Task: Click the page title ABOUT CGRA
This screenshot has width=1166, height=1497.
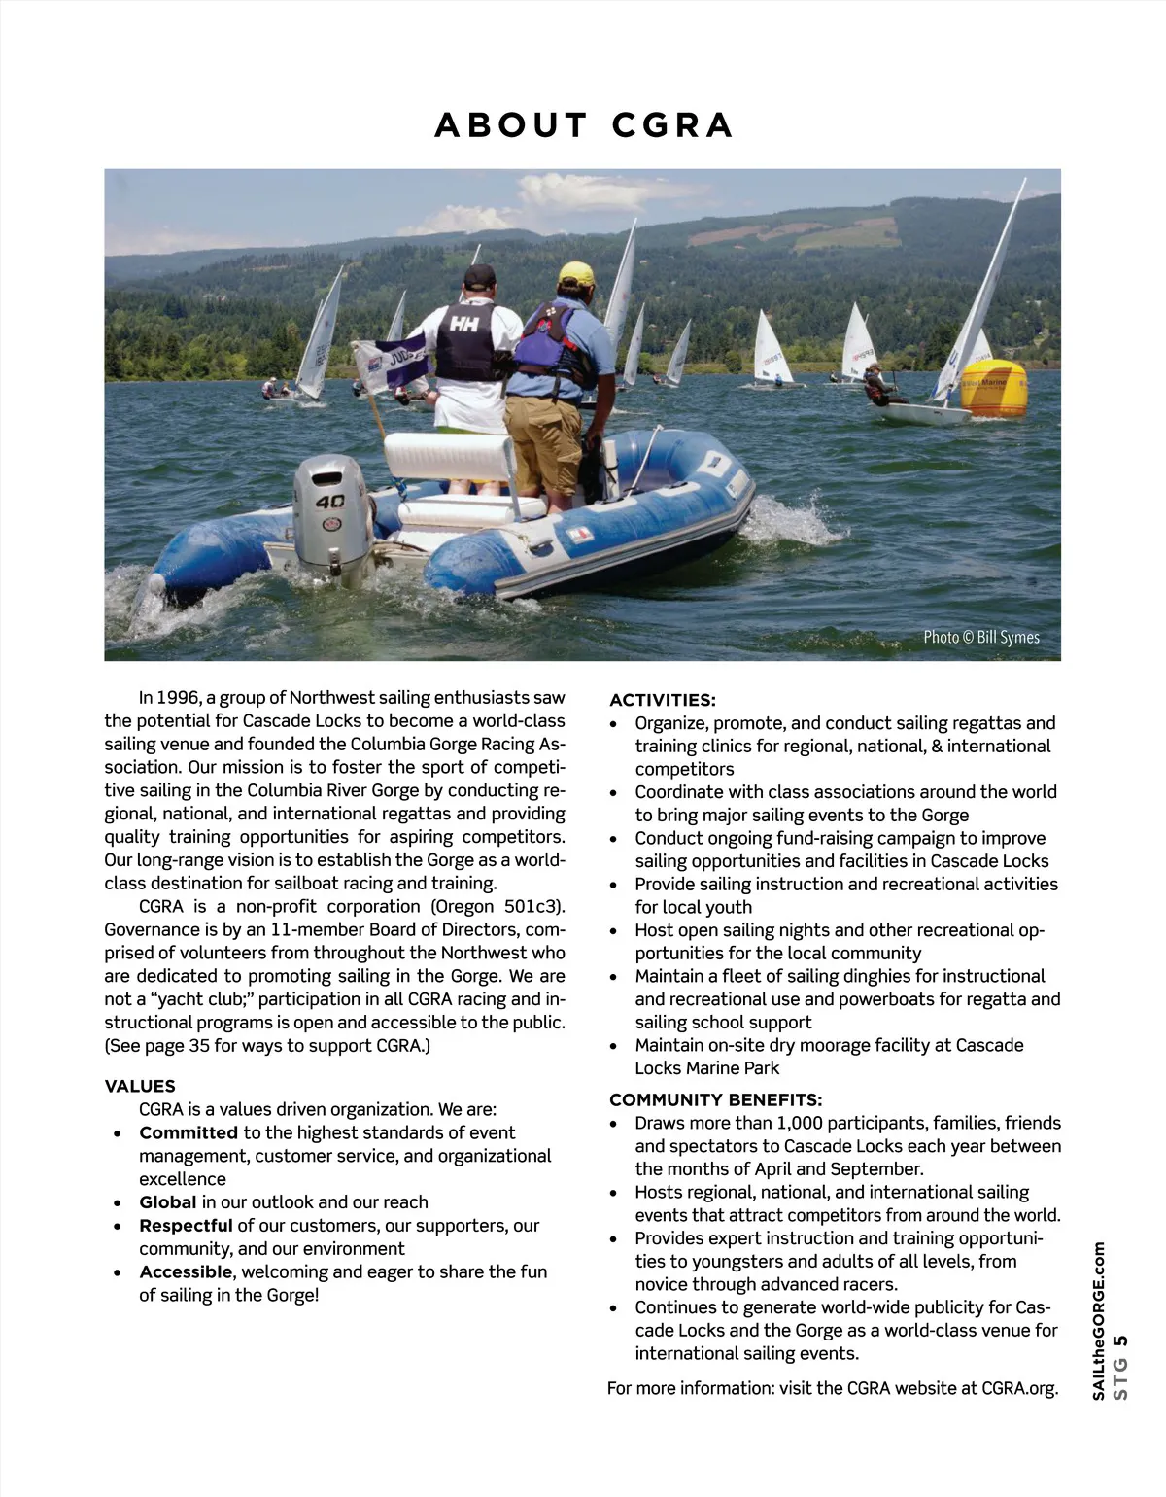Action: pos(583,125)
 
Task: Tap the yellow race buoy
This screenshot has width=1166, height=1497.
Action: pos(993,387)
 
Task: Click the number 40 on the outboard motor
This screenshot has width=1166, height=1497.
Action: pos(329,502)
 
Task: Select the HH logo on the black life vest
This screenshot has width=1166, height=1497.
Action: pos(463,324)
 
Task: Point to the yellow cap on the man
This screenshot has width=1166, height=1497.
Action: pos(576,273)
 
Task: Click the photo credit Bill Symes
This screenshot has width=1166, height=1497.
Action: pos(980,638)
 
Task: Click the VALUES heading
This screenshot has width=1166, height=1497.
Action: pos(140,1086)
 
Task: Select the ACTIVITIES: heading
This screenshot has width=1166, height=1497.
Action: pos(662,700)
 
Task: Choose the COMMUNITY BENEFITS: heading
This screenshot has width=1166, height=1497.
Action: pos(715,1099)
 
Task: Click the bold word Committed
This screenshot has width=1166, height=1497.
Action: pos(189,1132)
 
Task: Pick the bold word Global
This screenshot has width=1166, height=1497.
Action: pos(167,1202)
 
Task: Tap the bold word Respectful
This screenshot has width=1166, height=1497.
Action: pos(186,1226)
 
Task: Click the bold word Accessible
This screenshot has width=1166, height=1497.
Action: pos(186,1271)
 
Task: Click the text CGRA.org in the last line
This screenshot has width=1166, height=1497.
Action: pos(1018,1388)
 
